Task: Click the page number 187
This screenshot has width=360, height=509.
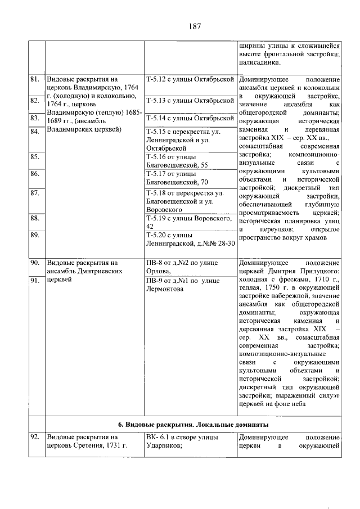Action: tap(195, 26)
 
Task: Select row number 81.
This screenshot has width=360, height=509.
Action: tap(35, 80)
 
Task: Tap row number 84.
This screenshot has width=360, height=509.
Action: tap(35, 132)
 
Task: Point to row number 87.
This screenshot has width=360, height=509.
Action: tap(35, 193)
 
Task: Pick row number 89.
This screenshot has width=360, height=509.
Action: tap(35, 235)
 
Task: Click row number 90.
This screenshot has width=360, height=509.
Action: tap(35, 262)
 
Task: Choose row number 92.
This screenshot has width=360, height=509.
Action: tap(35, 436)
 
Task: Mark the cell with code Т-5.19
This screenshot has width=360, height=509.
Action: tap(188, 222)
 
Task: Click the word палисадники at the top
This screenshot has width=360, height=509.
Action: tap(259, 63)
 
